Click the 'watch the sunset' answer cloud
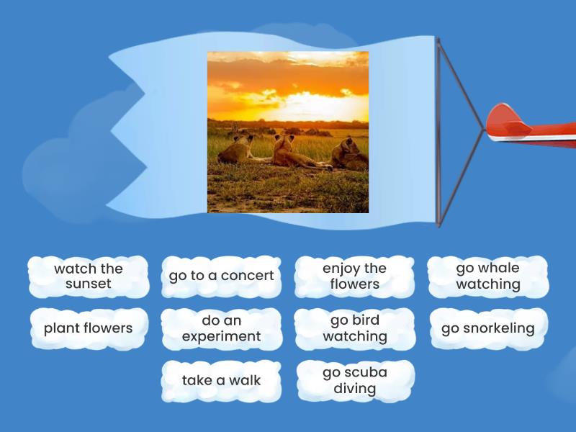(88, 276)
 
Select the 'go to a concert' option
(221, 276)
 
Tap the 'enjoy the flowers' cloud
(354, 276)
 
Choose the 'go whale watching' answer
(487, 276)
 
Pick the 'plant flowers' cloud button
(88, 328)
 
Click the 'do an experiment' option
(221, 328)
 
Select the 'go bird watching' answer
(354, 328)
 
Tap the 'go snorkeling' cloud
(487, 328)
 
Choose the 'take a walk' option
(221, 380)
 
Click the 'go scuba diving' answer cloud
(354, 380)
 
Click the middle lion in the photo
(288, 152)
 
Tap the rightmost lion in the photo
(348, 153)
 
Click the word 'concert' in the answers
(247, 276)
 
